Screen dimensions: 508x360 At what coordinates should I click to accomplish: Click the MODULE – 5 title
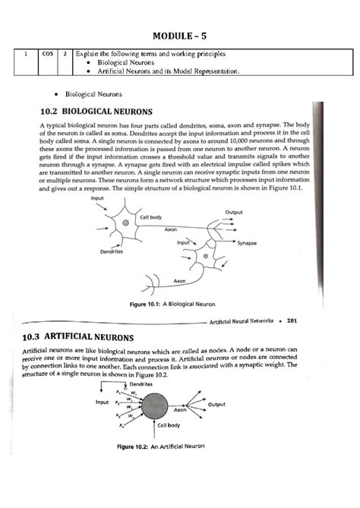pos(180,35)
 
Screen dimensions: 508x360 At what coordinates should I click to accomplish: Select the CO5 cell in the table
pos(47,55)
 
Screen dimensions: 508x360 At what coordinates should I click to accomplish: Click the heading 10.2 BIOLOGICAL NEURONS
pos(94,111)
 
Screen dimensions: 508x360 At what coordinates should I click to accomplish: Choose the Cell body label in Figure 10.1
pos(150,217)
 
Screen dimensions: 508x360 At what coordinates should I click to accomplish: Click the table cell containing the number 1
pos(27,55)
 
